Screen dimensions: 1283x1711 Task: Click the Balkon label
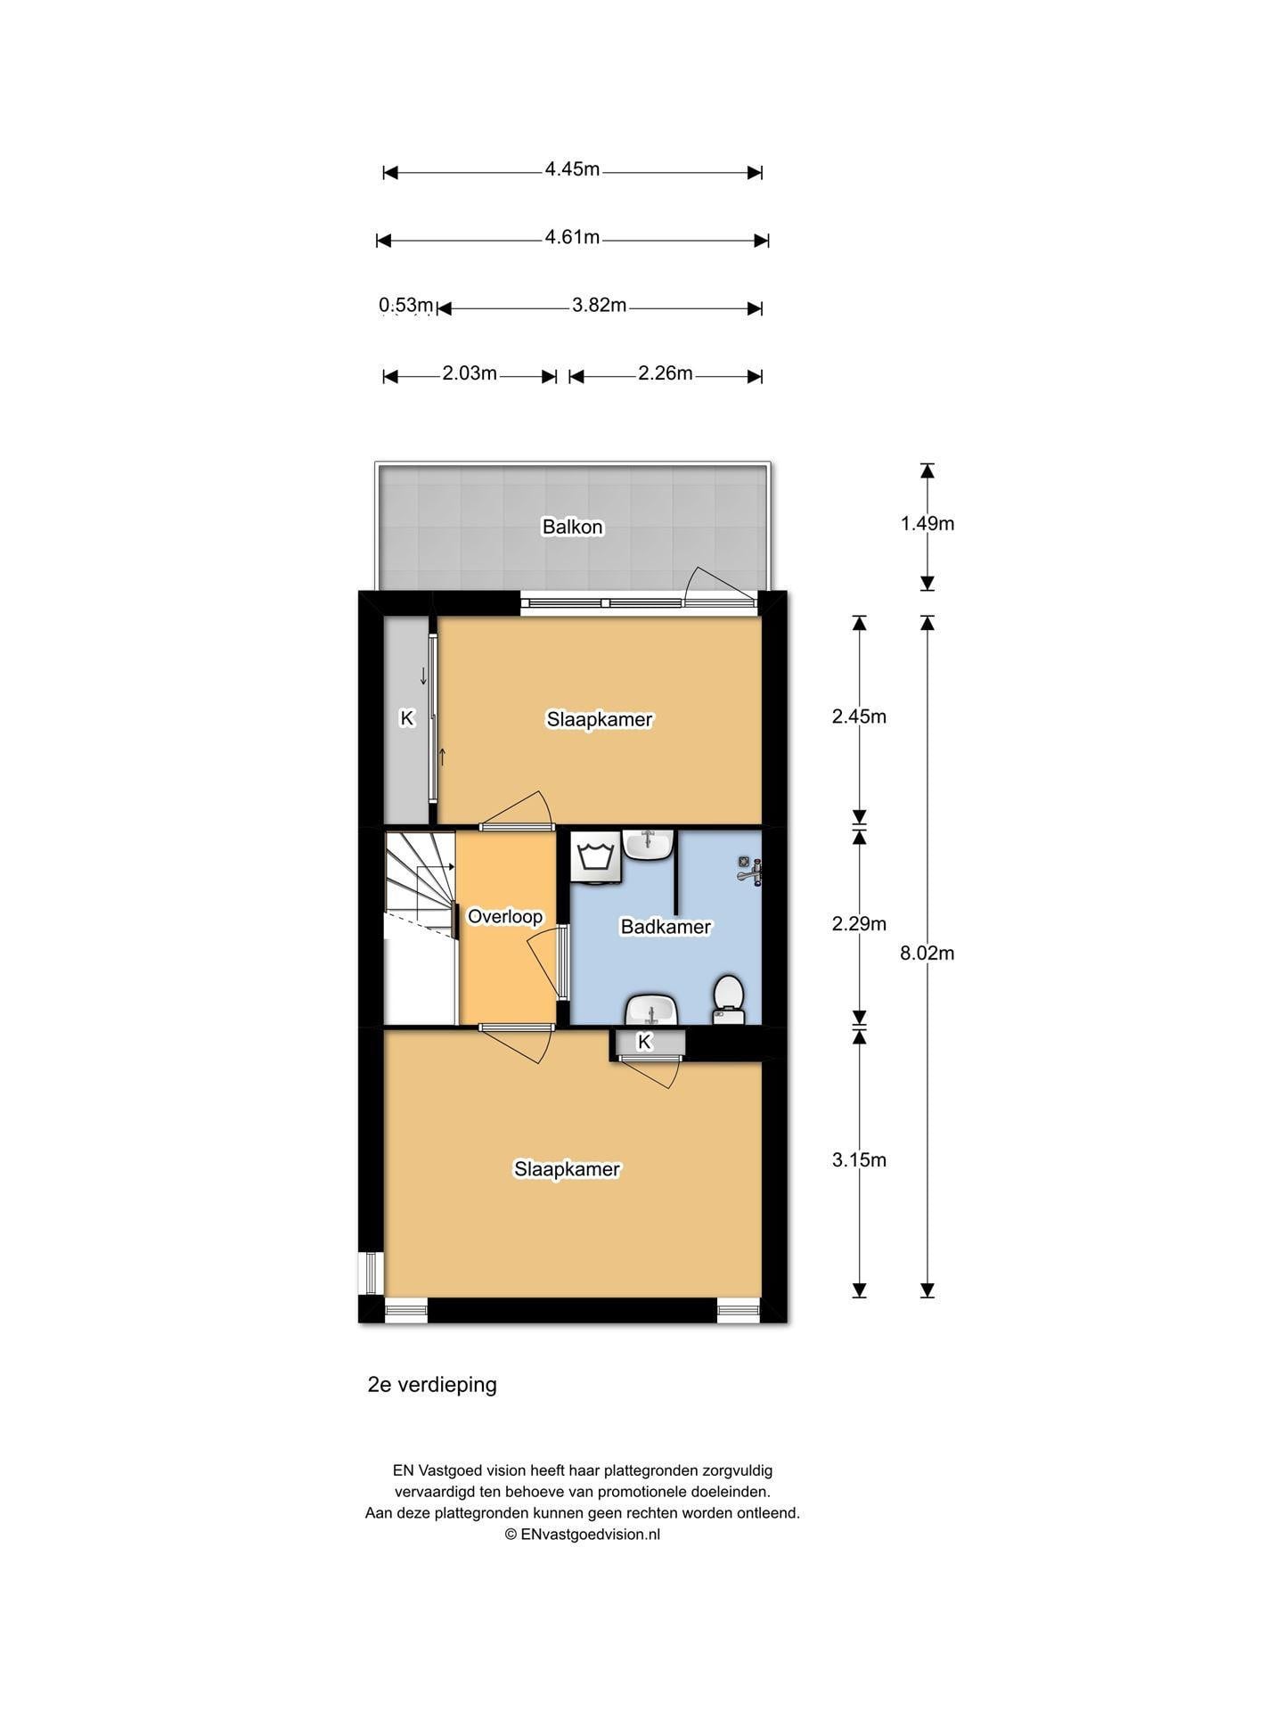573,527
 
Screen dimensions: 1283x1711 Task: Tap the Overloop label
505,916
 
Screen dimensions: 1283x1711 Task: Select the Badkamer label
666,927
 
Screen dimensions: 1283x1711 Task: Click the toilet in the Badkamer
729,1000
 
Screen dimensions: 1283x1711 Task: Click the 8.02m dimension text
927,953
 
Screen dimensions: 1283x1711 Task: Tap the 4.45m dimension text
572,169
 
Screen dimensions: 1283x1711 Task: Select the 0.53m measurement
406,306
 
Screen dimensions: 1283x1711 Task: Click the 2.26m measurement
665,373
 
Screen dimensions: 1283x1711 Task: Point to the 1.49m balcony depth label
927,524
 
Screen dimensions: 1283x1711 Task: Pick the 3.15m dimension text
859,1159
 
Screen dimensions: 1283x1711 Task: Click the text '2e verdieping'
432,1385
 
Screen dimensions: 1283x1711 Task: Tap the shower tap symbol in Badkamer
749,870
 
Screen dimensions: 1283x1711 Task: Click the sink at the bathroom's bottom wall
653,1011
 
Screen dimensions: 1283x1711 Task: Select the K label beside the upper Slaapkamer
407,717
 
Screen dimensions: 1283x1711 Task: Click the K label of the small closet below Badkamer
645,1041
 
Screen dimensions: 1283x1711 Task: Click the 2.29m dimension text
859,924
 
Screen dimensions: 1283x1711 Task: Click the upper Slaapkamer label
600,719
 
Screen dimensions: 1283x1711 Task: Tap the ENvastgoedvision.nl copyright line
583,1534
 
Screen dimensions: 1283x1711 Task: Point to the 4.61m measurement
572,237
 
